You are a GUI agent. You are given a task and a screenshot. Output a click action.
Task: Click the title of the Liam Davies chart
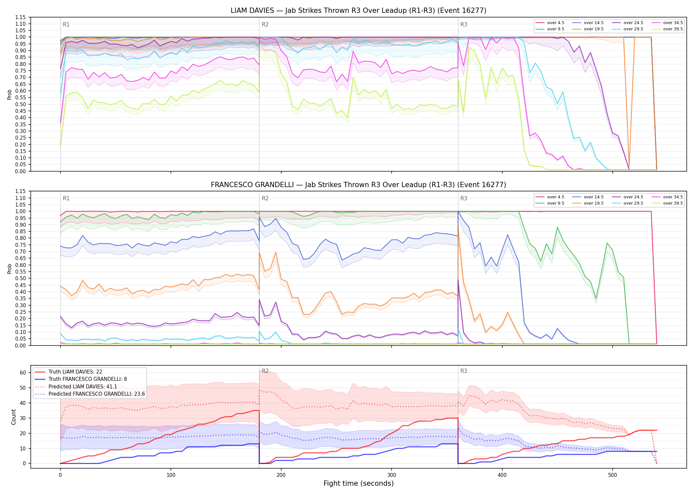pyautogui.click(x=359, y=11)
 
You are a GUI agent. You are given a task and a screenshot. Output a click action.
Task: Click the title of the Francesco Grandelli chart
pyautogui.click(x=359, y=185)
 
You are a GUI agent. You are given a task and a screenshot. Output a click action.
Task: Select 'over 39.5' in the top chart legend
pyautogui.click(x=673, y=29)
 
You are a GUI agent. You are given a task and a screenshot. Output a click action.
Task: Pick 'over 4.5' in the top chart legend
pyautogui.click(x=556, y=23)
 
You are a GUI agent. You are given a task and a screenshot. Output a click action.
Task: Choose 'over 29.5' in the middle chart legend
pyautogui.click(x=633, y=203)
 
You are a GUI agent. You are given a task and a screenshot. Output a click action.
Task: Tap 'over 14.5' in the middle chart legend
pyautogui.click(x=594, y=197)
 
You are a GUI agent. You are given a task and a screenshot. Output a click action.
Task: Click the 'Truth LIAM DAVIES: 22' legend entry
pyautogui.click(x=75, y=372)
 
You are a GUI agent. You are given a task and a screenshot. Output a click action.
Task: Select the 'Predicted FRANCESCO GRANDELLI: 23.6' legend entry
pyautogui.click(x=96, y=394)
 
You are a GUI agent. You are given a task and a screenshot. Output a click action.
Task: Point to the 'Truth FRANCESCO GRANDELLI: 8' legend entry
pyautogui.click(x=88, y=379)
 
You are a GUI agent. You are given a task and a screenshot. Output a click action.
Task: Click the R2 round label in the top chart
pyautogui.click(x=265, y=24)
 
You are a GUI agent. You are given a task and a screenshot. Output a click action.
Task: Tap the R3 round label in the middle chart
pyautogui.click(x=464, y=198)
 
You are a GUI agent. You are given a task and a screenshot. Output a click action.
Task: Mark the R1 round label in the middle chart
pyautogui.click(x=66, y=198)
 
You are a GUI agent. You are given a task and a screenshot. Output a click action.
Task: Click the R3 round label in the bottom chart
pyautogui.click(x=464, y=371)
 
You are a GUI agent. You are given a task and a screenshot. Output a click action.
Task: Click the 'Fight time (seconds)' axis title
pyautogui.click(x=359, y=483)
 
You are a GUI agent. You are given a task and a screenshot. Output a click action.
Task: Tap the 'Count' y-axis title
pyautogui.click(x=14, y=417)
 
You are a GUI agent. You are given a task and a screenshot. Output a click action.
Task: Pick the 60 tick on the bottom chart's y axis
pyautogui.click(x=23, y=373)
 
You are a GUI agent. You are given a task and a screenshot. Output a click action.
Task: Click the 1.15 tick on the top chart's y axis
pyautogui.click(x=21, y=17)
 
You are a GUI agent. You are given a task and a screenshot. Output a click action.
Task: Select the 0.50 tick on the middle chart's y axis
pyautogui.click(x=21, y=279)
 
